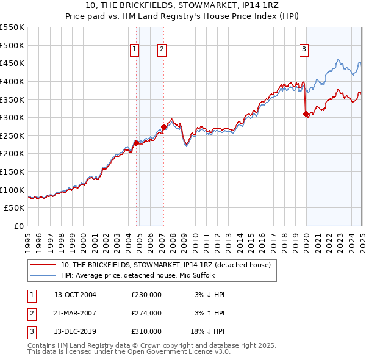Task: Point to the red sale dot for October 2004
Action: [x=136, y=143]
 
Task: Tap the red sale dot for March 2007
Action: [x=163, y=127]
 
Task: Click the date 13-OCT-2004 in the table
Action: [x=75, y=295]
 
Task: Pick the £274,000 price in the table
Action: [x=146, y=313]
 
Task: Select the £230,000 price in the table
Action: [x=146, y=295]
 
